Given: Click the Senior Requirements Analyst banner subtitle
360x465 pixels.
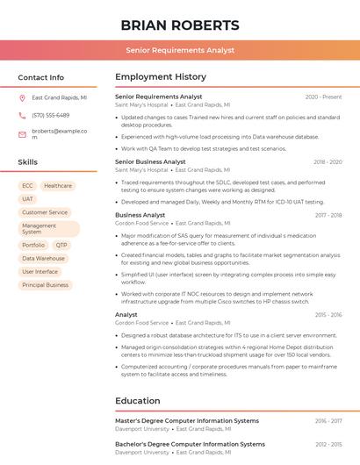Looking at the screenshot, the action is coord(179,50).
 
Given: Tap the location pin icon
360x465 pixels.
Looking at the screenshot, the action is coord(22,98).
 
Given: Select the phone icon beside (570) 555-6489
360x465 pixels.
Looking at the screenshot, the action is coord(22,115).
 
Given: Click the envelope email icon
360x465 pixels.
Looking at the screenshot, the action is coord(22,134).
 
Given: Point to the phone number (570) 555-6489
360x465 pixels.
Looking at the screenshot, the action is coord(50,115).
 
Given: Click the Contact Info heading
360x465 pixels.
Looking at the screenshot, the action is coord(41,77).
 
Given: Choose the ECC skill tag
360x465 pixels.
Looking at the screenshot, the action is coord(27,186).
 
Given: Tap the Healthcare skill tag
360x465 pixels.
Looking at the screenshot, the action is coord(58,186).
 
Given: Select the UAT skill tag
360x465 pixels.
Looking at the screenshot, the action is coord(28,199).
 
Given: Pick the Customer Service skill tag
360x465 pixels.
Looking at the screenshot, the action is coord(45,212).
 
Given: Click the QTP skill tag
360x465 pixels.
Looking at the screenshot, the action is coord(61,246).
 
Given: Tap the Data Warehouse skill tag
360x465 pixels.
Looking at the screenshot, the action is coord(43,259).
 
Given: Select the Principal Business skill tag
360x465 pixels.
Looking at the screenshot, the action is coord(45,285).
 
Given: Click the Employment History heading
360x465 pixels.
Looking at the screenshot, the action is coord(161,77).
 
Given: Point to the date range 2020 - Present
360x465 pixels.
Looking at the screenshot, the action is coord(323,97).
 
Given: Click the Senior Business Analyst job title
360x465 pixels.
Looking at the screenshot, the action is coord(150,161).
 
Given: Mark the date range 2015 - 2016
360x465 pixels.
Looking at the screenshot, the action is coord(328,314).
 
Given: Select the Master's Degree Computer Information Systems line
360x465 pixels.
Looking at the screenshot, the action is coord(187,420).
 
